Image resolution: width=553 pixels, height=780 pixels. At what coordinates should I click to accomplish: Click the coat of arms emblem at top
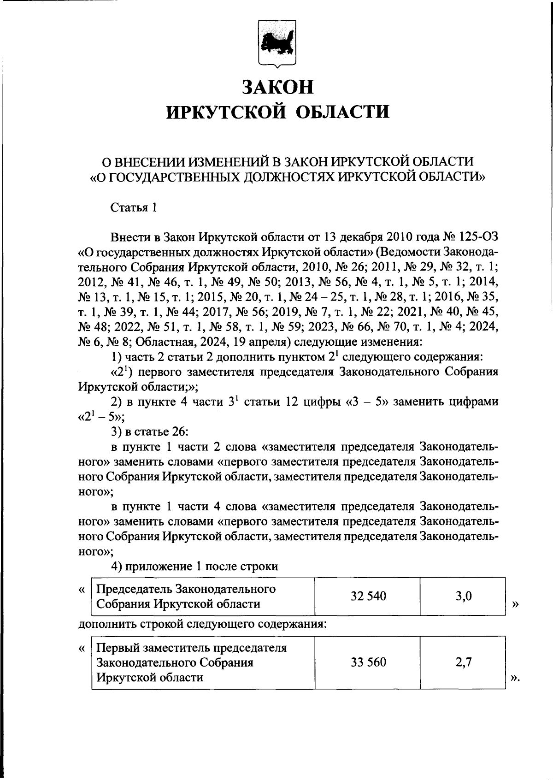point(276,42)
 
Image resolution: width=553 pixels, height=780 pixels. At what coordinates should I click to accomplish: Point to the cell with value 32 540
point(368,596)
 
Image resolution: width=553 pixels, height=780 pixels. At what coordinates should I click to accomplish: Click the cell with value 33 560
point(368,662)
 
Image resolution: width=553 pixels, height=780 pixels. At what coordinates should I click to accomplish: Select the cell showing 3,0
point(463,596)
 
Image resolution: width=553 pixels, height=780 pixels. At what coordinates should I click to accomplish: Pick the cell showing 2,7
point(463,662)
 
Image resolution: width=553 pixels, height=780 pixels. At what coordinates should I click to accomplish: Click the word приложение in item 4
point(159,566)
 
